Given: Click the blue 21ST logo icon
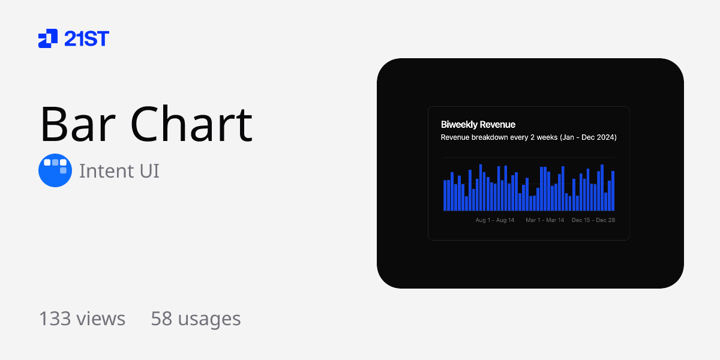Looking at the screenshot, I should coord(48,38).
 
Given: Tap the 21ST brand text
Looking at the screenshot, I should coord(86,39).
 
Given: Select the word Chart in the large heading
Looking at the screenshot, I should coord(191,124).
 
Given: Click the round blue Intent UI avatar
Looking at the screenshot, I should coord(55,170).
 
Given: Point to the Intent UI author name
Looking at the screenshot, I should coord(119,171).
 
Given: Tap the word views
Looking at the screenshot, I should coord(100,319).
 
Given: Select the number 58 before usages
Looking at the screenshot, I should coord(161,319).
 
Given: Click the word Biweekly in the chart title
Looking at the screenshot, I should coord(460,125).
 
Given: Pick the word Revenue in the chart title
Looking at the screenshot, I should coord(498,125).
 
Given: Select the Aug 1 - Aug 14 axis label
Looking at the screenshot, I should coord(495,220).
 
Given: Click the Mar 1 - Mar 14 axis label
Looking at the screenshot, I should coord(545,220).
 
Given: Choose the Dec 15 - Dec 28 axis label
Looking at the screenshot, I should coord(593,220).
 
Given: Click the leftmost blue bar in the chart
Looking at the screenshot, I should coord(445,196).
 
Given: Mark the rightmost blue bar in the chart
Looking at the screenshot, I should coord(613,191).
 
